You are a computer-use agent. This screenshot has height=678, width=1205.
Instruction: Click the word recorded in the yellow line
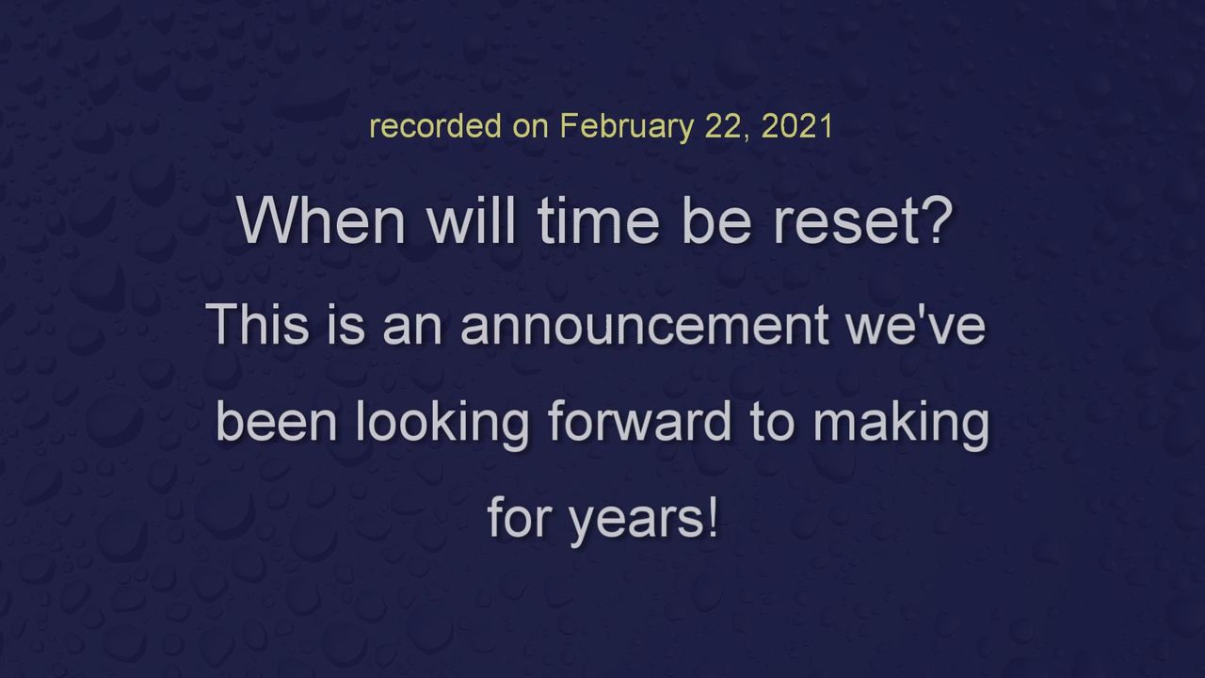pos(436,126)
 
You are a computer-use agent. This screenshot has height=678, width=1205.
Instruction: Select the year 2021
pos(797,126)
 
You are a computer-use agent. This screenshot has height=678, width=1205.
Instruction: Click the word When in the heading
pos(321,220)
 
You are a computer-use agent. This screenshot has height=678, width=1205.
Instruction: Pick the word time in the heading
pos(598,220)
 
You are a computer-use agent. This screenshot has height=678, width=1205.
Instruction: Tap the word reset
pos(844,222)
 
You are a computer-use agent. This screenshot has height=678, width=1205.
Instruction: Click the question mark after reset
pos(937,220)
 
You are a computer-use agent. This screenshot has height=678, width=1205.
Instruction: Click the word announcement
pos(645,325)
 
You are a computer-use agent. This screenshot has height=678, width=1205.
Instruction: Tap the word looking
pos(442,425)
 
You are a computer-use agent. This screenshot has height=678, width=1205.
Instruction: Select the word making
pos(901,425)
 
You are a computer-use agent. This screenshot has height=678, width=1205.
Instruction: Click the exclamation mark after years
pos(714,517)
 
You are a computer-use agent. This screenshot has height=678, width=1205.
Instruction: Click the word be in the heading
pos(716,220)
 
